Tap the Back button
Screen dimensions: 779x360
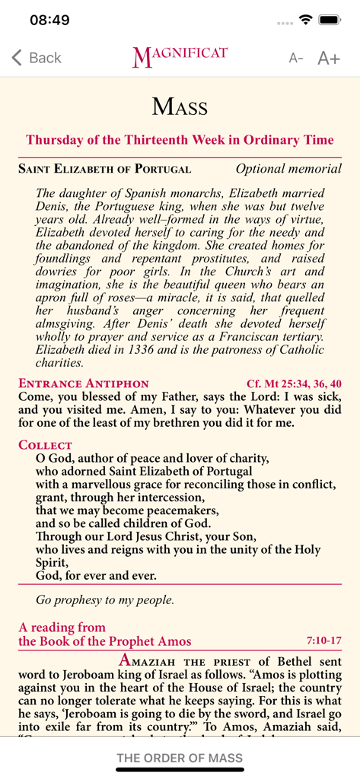pos(37,58)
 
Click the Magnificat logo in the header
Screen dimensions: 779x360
pos(180,57)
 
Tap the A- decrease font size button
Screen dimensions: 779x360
pos(295,59)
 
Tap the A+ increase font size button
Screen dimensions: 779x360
pos(328,58)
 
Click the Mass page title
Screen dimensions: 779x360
pos(180,106)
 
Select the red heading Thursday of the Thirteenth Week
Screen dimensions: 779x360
pos(180,140)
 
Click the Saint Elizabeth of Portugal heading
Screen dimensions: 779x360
pos(104,169)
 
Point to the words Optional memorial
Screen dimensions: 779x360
pos(288,169)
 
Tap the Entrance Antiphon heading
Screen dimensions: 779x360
pos(84,383)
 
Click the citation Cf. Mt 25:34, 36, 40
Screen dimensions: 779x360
pos(294,383)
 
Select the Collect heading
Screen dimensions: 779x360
pos(45,444)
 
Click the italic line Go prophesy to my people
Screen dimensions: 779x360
pos(105,599)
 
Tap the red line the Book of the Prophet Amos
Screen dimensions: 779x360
pos(105,641)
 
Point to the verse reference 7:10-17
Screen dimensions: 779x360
pos(323,641)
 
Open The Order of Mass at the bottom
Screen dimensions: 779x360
pos(180,758)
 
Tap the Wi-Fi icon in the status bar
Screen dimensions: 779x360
pos(306,20)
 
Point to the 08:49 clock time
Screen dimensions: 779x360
pos(49,21)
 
